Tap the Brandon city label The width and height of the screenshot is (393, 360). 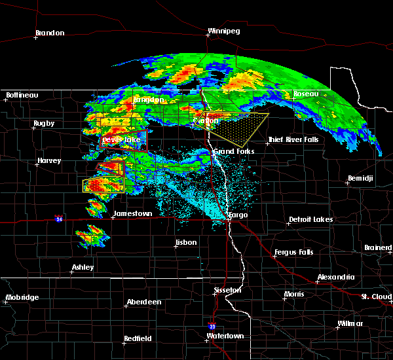pyautogui.click(x=50, y=33)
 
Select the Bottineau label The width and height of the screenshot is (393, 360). pyautogui.click(x=22, y=96)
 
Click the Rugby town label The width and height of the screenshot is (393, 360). pyautogui.click(x=44, y=124)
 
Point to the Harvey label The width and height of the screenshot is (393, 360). pyautogui.click(x=49, y=161)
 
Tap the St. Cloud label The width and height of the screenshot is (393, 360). pyautogui.click(x=376, y=297)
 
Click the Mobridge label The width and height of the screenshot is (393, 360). pyautogui.click(x=22, y=298)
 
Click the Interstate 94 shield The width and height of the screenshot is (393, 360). pyautogui.click(x=58, y=218)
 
